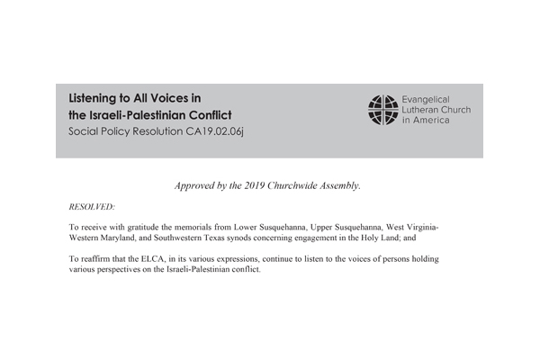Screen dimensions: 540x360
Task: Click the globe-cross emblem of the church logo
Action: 382,109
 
